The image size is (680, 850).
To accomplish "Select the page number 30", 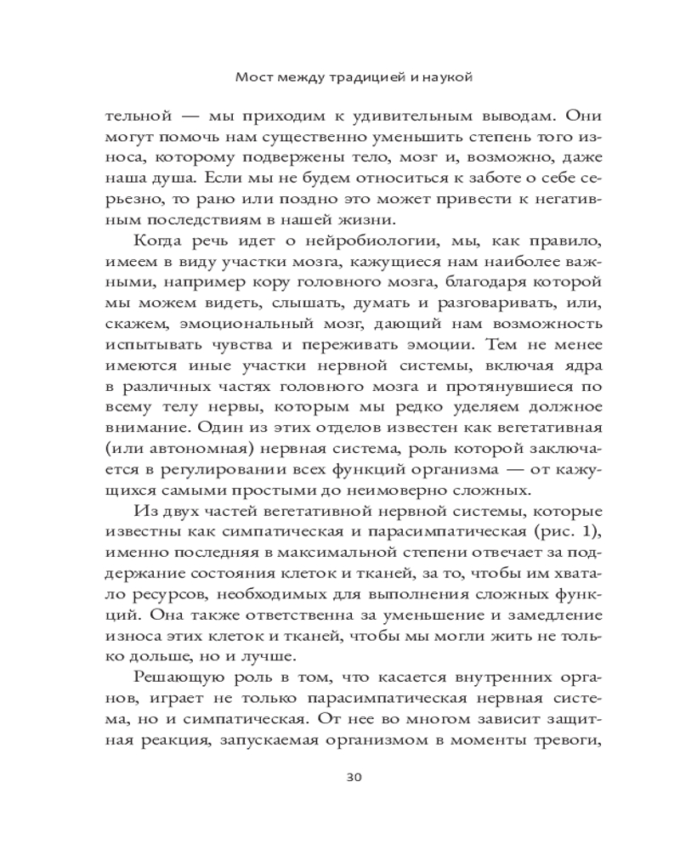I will click(x=348, y=776).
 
